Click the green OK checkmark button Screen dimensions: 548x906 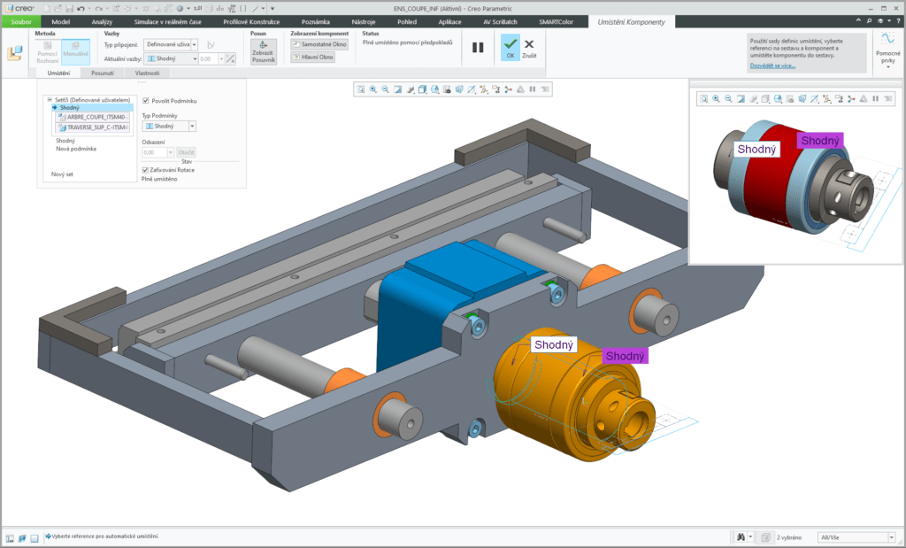[510, 47]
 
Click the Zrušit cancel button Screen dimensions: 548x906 [529, 47]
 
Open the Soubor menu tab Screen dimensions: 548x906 [19, 20]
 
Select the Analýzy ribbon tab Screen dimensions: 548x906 [102, 20]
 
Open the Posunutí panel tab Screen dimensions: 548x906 [104, 73]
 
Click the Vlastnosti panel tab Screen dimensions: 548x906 [147, 73]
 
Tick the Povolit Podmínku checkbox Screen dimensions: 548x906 [146, 101]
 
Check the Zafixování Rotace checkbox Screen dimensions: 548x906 [146, 170]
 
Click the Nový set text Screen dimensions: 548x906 [62, 174]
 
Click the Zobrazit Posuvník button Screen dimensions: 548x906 [264, 52]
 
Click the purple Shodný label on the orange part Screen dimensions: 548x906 [626, 356]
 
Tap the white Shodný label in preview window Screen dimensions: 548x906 [756, 150]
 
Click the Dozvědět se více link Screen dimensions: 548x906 [772, 66]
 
